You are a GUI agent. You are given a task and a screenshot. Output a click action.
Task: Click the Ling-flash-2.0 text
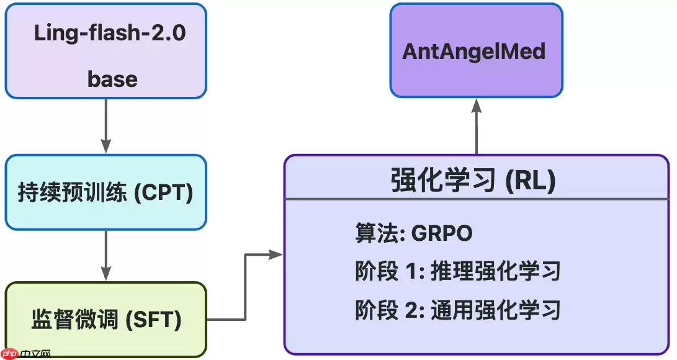[x=110, y=33]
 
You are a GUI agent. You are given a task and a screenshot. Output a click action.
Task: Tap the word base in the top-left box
[x=112, y=79]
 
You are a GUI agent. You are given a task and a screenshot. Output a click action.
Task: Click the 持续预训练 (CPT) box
[x=105, y=192]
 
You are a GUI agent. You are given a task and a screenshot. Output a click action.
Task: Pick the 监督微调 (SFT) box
[x=105, y=320]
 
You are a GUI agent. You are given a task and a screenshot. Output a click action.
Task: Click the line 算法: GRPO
[x=414, y=233]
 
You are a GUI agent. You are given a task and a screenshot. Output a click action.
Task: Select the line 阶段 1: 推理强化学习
[x=458, y=271]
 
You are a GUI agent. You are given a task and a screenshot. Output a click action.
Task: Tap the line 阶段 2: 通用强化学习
[x=458, y=309]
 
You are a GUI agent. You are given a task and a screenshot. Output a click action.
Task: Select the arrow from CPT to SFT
[x=106, y=255]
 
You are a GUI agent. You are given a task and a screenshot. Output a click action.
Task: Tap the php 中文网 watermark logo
[x=26, y=353]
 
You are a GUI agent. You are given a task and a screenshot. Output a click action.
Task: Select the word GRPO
[x=442, y=233]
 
